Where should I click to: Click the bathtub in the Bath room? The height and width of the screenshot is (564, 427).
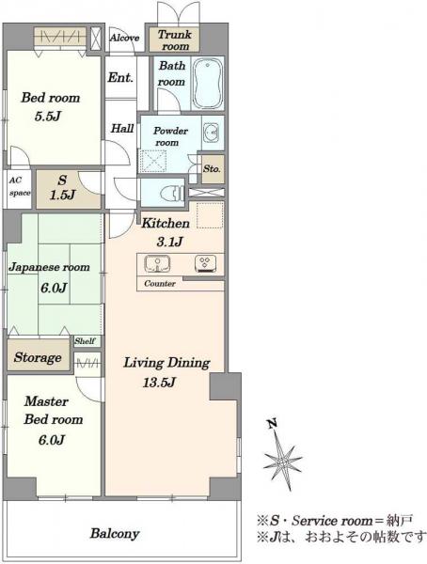tap(208, 83)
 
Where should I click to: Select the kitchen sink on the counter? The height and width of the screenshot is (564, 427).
tap(157, 263)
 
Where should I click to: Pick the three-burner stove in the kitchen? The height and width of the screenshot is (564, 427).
tap(205, 263)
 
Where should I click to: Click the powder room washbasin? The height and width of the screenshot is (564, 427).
tap(212, 133)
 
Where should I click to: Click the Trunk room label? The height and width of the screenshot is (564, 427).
tap(175, 40)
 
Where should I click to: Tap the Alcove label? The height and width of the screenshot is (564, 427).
tap(124, 38)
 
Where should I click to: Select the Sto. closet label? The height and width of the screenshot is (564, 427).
tap(212, 168)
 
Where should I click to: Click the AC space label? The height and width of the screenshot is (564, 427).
tap(20, 187)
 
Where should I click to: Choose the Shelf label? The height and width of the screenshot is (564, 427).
tap(85, 341)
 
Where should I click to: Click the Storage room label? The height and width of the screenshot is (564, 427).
tap(38, 357)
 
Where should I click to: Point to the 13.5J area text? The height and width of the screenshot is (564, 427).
tap(159, 382)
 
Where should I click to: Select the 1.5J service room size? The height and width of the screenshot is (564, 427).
tap(62, 195)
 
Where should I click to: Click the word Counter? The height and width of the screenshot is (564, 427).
tap(160, 284)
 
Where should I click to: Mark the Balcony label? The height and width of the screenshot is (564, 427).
tap(115, 533)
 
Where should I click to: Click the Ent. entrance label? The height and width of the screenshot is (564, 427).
tap(120, 77)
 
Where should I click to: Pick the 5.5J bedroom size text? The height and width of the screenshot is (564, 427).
tap(48, 117)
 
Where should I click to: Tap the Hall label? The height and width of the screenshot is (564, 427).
tap(122, 129)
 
